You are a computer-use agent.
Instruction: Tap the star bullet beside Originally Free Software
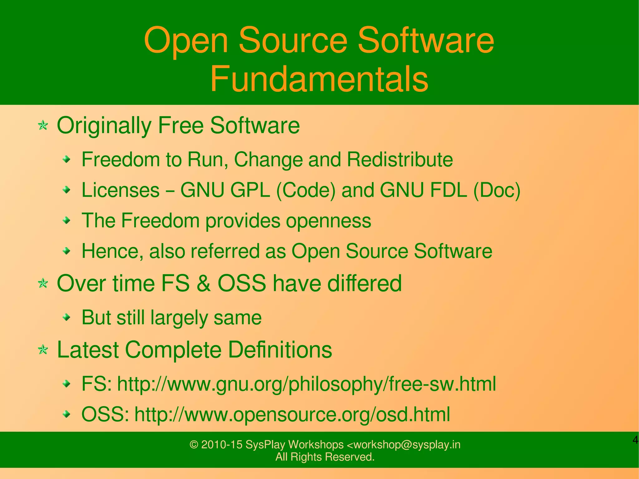coord(43,126)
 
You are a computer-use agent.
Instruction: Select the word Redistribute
coord(400,159)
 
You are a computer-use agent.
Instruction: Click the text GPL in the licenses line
coord(250,190)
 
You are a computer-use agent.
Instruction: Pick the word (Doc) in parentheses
coord(497,190)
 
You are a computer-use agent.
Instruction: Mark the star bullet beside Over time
coord(43,284)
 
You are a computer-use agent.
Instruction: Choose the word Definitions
coord(280,349)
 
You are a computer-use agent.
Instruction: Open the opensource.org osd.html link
coord(292,414)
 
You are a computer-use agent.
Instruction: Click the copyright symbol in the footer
coord(194,445)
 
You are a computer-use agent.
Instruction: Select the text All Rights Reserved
coord(325,457)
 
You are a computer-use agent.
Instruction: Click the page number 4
coord(635,440)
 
